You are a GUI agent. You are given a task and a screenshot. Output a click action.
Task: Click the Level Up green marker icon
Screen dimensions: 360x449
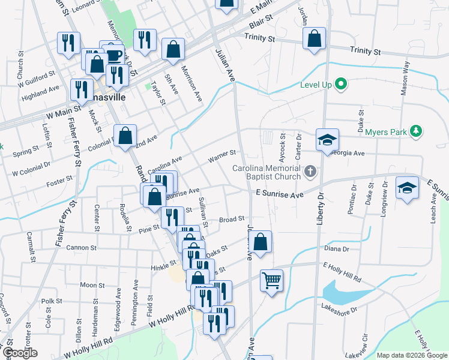(342, 85)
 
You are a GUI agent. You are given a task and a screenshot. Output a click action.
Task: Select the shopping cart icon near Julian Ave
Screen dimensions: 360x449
(271, 280)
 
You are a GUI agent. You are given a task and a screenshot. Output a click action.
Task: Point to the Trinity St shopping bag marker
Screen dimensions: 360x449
(314, 38)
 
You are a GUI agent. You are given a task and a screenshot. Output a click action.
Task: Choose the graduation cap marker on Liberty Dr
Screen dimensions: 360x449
(327, 140)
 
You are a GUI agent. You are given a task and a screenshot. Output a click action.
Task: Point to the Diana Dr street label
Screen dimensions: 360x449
(337, 249)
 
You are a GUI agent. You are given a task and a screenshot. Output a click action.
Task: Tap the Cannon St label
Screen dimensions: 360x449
(82, 247)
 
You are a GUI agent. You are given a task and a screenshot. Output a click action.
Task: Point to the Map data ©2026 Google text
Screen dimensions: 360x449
(412, 355)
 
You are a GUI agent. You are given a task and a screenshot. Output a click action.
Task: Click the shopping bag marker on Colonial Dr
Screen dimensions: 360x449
(125, 136)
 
